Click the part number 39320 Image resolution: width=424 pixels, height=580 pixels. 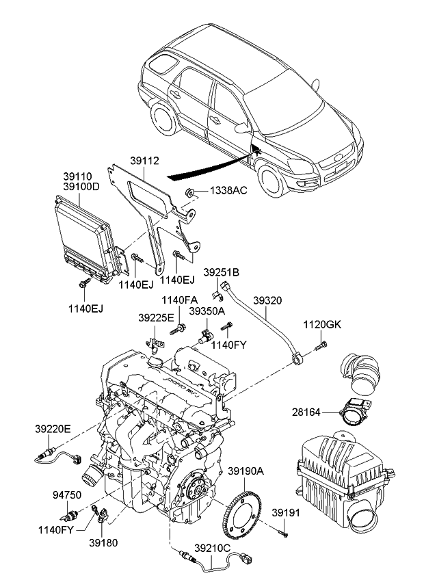pyautogui.click(x=268, y=300)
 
